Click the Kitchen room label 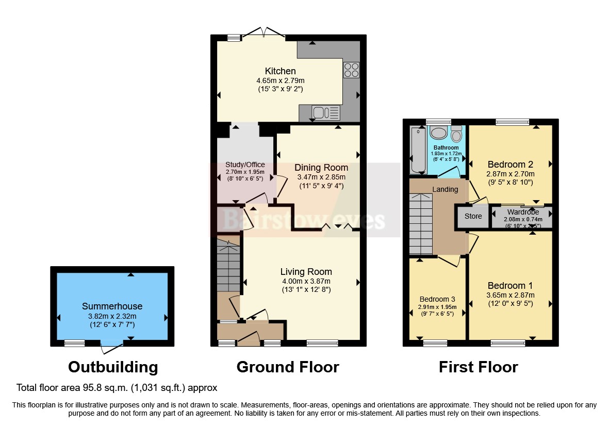tap(280, 71)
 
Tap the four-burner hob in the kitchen tap(351, 70)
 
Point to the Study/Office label tap(245, 165)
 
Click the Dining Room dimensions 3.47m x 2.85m tap(321, 177)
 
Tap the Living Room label tap(306, 272)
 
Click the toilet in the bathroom tap(456, 135)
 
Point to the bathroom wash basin tap(439, 134)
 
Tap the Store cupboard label tap(473, 216)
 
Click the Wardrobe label tap(523, 212)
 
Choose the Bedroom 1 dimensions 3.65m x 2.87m tap(511, 296)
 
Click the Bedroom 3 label tap(437, 299)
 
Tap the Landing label tap(445, 189)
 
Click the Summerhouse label tap(112, 306)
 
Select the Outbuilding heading tap(113, 367)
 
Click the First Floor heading tap(478, 367)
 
